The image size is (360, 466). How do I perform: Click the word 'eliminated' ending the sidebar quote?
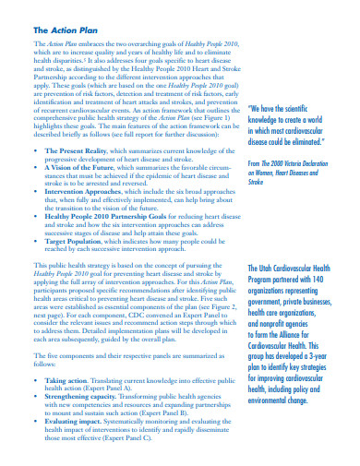point(322,143)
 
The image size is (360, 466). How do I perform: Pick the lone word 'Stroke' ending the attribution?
point(258,182)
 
